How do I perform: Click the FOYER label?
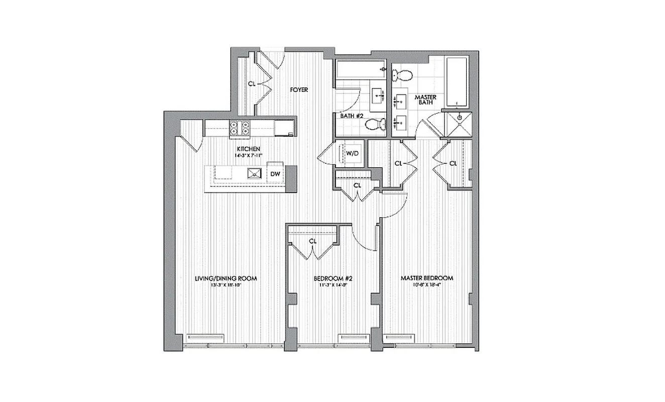299,90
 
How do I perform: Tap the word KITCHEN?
249,149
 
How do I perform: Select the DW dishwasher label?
275,174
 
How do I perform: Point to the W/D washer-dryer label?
352,153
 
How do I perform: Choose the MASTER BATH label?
424,100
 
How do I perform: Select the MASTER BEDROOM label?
427,278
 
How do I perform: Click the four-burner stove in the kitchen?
240,129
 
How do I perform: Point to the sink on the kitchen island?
254,173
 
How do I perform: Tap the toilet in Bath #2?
375,124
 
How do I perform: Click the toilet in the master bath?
401,76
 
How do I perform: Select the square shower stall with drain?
458,124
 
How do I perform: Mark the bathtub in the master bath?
457,81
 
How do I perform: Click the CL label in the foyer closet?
252,84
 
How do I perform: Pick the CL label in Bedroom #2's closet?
313,241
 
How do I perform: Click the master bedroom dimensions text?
427,285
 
